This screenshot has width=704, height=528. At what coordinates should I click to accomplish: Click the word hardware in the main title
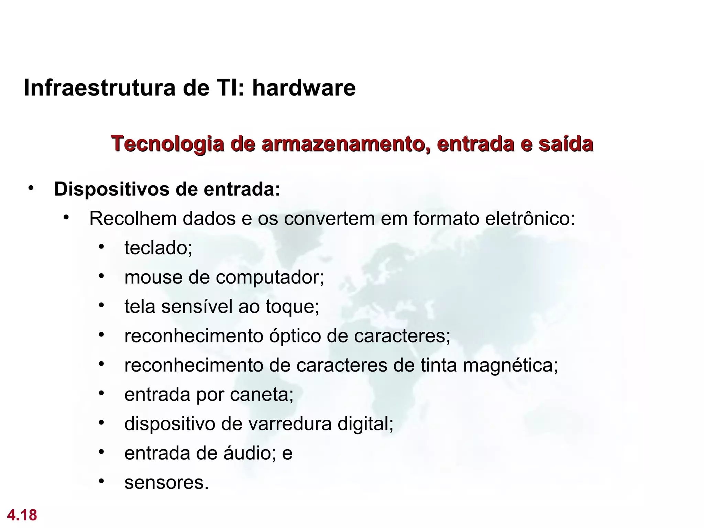[304, 88]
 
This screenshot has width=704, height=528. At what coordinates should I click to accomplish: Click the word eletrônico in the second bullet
[529, 219]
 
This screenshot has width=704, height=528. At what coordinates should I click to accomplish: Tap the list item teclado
[158, 248]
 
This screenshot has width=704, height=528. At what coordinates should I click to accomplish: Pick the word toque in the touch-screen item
[292, 307]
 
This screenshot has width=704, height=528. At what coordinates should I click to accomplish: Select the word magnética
[510, 365]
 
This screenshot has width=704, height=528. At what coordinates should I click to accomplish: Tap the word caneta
[261, 395]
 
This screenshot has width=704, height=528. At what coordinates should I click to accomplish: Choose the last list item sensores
[166, 483]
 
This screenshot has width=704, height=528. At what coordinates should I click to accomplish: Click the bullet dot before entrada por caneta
[101, 394]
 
